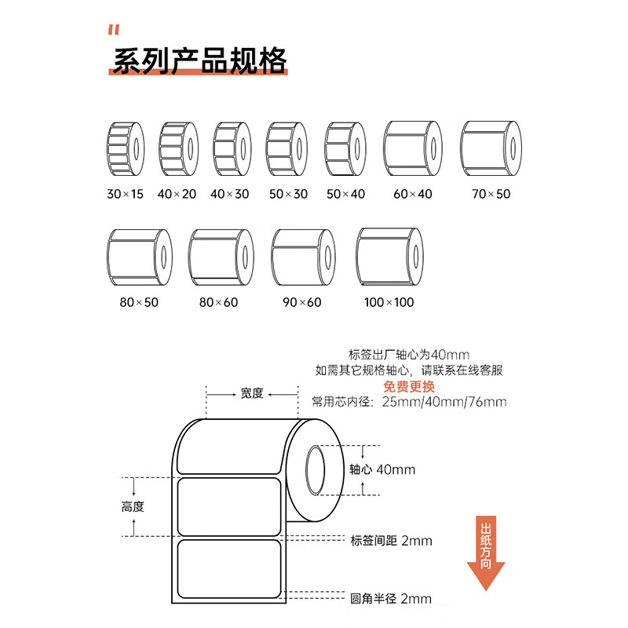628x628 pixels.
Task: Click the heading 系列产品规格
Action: (199, 61)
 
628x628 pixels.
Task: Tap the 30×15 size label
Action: (125, 194)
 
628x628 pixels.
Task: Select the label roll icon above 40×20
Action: (179, 149)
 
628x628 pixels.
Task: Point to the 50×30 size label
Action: (288, 194)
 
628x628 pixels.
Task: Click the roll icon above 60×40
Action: (413, 148)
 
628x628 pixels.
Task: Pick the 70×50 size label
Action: (491, 194)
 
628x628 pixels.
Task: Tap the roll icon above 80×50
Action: (140, 257)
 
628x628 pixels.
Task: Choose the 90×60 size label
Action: (302, 302)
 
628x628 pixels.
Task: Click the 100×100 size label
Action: (389, 302)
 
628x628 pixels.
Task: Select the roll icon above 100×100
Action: (389, 257)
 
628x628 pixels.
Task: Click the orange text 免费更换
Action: (409, 386)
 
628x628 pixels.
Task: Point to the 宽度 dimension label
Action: (252, 393)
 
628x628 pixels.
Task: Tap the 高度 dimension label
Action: (133, 506)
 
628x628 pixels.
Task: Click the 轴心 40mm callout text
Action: (382, 469)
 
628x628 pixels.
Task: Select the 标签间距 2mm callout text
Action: (391, 541)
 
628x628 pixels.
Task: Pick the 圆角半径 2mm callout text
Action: (391, 599)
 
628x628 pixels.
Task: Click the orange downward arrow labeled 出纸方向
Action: (486, 553)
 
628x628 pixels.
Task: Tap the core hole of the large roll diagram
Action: (316, 469)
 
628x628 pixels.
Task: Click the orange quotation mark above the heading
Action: (114, 30)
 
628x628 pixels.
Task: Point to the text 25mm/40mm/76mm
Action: (444, 402)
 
